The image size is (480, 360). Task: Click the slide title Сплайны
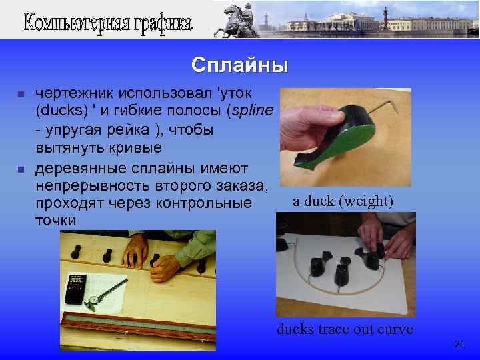(x=239, y=65)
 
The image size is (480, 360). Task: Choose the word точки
(x=55, y=220)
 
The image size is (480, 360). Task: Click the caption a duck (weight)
(x=343, y=201)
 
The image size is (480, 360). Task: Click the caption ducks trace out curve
(x=345, y=329)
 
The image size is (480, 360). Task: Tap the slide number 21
(x=459, y=344)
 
